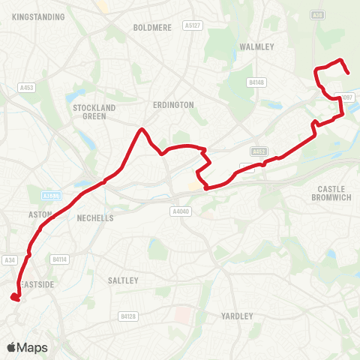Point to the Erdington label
(x=172, y=105)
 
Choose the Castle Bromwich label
(x=330, y=193)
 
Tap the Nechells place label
(x=95, y=218)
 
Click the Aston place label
(x=40, y=214)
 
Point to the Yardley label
(x=238, y=316)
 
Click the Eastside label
(x=37, y=285)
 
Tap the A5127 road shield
(x=192, y=25)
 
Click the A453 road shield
(x=27, y=88)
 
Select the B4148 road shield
(x=256, y=82)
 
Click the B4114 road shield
(x=60, y=259)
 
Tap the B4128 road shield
(x=128, y=317)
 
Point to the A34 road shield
(x=10, y=260)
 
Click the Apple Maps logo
(x=27, y=347)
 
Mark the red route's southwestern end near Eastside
(x=14, y=298)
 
